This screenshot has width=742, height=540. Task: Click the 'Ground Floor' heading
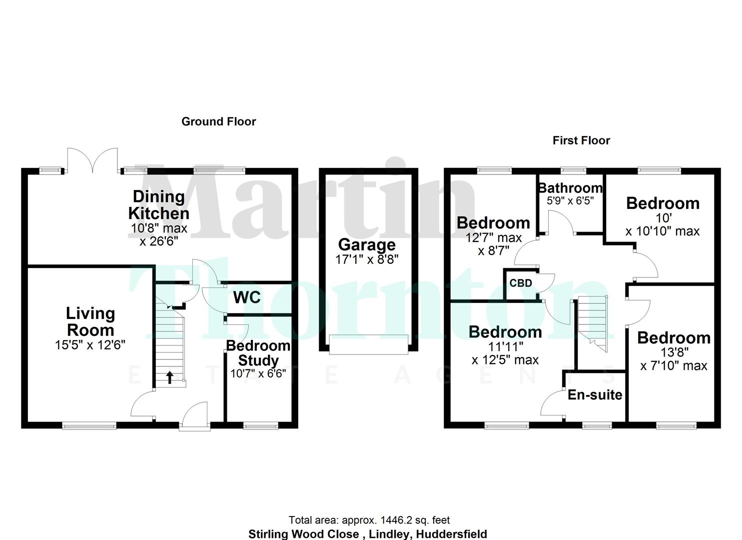pyautogui.click(x=218, y=121)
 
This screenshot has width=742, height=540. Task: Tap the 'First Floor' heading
pyautogui.click(x=581, y=140)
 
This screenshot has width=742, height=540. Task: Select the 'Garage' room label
pyautogui.click(x=367, y=244)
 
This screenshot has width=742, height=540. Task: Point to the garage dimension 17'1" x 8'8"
pyautogui.click(x=367, y=259)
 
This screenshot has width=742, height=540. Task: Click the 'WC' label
pyautogui.click(x=247, y=297)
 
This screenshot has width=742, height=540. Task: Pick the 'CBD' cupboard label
pyautogui.click(x=520, y=283)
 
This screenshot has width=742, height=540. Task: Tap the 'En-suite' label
pyautogui.click(x=595, y=395)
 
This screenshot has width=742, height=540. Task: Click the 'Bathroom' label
pyautogui.click(x=570, y=188)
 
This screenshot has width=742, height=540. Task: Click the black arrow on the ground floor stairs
pyautogui.click(x=170, y=377)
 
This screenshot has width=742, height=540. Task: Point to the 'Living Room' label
pyautogui.click(x=90, y=321)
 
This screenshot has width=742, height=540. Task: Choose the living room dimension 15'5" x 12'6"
pyautogui.click(x=90, y=345)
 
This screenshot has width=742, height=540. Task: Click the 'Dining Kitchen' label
pyautogui.click(x=159, y=205)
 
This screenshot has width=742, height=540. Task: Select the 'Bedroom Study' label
pyautogui.click(x=258, y=352)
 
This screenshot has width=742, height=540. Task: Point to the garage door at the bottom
pyautogui.click(x=369, y=344)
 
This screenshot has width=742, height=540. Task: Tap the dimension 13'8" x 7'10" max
pyautogui.click(x=674, y=359)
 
